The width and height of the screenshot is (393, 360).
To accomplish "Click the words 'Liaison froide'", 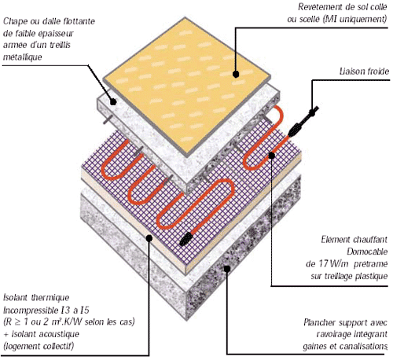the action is (364, 72).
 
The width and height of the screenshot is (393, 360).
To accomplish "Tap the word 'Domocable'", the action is (367, 252).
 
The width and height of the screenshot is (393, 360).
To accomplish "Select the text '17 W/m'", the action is (333, 263).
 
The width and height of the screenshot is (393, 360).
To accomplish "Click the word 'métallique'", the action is (23, 57).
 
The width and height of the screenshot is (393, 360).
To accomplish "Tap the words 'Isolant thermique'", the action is (36, 298).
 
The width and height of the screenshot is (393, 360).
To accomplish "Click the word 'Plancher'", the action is (320, 322).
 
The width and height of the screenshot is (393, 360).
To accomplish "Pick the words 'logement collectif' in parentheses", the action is (39, 346).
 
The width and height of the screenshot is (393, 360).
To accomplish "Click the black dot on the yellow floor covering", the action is (236, 75).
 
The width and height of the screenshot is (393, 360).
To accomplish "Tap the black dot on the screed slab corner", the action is (113, 101).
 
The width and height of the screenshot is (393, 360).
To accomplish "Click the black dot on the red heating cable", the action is (272, 156).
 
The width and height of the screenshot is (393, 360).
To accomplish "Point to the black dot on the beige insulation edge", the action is (149, 238).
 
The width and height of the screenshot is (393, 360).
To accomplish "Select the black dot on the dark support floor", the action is (227, 269).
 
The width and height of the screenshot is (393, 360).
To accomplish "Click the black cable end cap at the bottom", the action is (185, 239).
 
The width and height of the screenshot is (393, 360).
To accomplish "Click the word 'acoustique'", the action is (61, 334).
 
